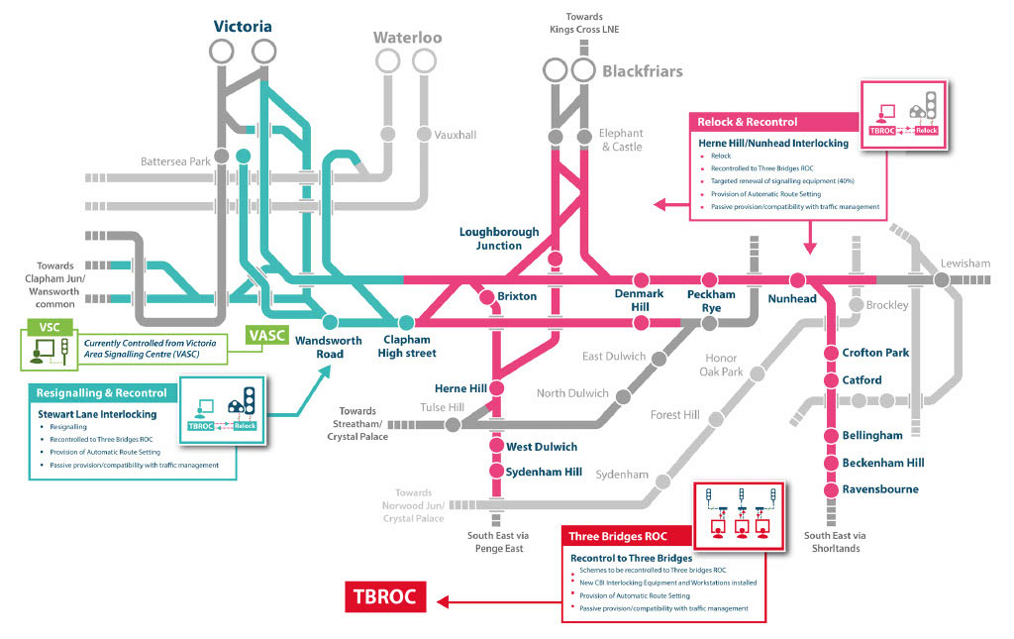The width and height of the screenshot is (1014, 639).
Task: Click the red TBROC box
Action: (x=385, y=596)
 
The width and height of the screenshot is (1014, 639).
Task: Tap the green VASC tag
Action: (x=266, y=336)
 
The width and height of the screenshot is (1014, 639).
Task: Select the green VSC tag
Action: (x=50, y=327)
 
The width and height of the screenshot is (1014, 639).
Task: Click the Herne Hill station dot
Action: (x=497, y=388)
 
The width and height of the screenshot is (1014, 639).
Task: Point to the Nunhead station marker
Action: (x=797, y=280)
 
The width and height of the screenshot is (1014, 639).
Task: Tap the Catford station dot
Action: (x=832, y=380)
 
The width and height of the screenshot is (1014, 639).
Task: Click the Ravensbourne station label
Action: (x=880, y=489)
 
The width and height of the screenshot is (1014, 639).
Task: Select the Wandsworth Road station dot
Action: (x=330, y=322)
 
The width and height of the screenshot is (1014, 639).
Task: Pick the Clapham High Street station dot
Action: (x=406, y=322)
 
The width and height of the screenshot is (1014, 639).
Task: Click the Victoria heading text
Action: (x=243, y=27)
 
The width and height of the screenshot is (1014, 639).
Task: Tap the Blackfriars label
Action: (x=642, y=71)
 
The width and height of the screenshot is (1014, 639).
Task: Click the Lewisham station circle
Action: (x=942, y=280)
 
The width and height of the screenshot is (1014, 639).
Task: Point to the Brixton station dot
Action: (x=487, y=297)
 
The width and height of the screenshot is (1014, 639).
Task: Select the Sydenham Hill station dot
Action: (x=496, y=471)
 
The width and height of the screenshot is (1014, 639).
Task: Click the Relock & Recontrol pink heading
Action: (x=747, y=122)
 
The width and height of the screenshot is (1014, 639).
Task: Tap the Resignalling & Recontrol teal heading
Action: (x=102, y=393)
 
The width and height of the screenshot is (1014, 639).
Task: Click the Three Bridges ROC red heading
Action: (x=618, y=536)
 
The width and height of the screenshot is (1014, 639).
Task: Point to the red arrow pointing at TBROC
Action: (x=499, y=602)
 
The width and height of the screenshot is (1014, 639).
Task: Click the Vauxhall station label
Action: (x=456, y=135)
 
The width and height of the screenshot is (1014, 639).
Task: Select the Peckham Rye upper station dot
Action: (x=709, y=280)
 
